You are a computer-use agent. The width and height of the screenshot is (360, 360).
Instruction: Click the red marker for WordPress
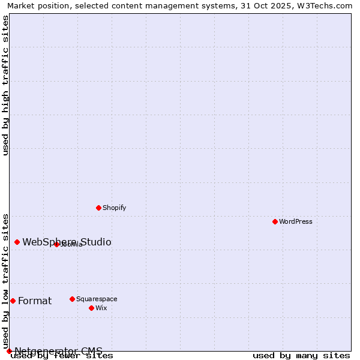coord(275,221)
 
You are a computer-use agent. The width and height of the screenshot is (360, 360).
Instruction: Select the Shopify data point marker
coord(98,208)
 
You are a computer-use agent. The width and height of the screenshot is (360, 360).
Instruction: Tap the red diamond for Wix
coord(91,308)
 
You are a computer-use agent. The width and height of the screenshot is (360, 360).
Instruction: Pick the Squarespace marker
coord(72,299)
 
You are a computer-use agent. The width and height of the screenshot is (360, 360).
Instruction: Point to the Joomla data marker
coord(56,244)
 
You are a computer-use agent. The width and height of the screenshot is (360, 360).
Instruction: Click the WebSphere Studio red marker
coord(17,242)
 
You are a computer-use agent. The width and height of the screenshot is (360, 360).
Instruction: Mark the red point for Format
coord(13,301)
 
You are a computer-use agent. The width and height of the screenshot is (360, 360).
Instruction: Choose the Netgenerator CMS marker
coord(9,351)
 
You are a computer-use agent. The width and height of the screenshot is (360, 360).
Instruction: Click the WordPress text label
coord(296,221)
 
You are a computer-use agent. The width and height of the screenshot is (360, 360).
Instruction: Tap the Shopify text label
coord(114,208)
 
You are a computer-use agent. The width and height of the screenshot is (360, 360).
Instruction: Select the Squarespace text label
coord(97,299)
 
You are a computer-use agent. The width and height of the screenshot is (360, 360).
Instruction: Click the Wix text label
coord(101,308)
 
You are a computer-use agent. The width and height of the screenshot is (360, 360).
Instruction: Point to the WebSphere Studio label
coord(67,242)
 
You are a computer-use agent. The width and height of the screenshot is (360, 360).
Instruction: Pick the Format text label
coord(35,301)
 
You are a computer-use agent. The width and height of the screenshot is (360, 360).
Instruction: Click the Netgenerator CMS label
coord(58,351)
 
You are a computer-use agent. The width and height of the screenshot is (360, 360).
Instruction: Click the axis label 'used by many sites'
coord(301,356)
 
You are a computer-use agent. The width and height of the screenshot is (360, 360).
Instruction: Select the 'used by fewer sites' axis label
coord(62,356)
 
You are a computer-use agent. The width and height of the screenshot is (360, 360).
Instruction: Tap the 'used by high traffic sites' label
coord(6,85)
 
